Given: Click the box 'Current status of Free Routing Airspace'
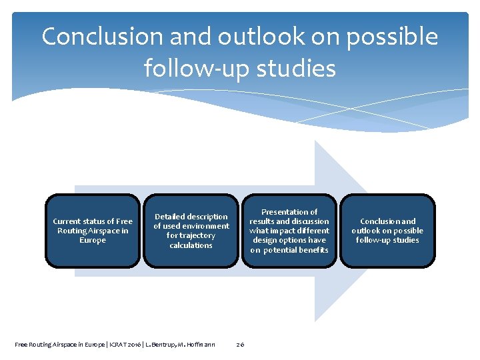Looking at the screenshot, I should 93,231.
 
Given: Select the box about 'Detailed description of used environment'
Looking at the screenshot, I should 191,231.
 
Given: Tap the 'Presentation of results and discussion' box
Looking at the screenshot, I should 289,231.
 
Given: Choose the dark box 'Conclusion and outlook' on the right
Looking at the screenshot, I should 387,231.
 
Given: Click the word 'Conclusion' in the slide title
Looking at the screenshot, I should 103,37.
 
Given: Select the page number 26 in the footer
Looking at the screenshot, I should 240,344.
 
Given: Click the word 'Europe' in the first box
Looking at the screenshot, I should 93,241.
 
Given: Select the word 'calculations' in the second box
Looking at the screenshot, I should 191,245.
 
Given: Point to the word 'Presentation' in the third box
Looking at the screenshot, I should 289,212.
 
